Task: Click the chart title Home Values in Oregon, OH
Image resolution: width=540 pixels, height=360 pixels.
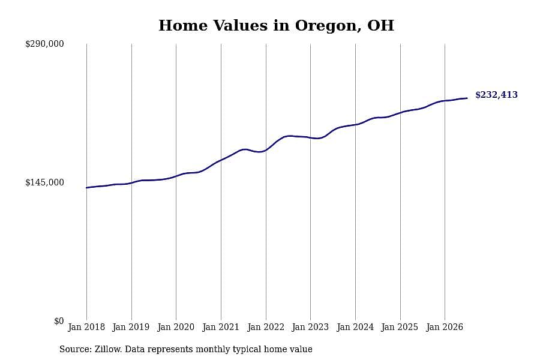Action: point(276,26)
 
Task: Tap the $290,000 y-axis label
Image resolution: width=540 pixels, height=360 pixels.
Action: point(44,44)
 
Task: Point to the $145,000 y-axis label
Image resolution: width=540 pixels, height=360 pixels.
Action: point(44,182)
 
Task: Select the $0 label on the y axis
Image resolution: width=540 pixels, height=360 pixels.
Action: point(59,321)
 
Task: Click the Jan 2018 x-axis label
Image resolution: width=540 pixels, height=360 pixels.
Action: point(86,327)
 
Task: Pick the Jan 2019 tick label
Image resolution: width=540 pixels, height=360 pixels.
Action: point(131,327)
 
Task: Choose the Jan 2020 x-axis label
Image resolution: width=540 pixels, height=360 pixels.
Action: point(176,327)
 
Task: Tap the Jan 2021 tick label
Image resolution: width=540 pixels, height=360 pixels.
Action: point(221,327)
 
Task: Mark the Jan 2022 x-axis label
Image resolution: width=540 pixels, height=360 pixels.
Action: point(266,327)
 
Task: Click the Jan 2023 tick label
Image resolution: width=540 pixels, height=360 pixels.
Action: point(310,327)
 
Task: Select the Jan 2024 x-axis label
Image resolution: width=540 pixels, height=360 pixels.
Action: point(355,327)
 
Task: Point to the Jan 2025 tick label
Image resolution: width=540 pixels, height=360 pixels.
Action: point(400,327)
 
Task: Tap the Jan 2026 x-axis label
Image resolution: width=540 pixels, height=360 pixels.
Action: point(445,327)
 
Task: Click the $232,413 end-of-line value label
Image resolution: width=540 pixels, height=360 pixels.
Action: point(496,95)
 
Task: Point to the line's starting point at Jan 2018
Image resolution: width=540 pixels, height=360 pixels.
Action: point(86,188)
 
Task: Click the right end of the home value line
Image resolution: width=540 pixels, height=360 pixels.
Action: point(467,98)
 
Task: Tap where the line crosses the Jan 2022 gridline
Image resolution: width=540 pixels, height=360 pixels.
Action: point(266,150)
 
